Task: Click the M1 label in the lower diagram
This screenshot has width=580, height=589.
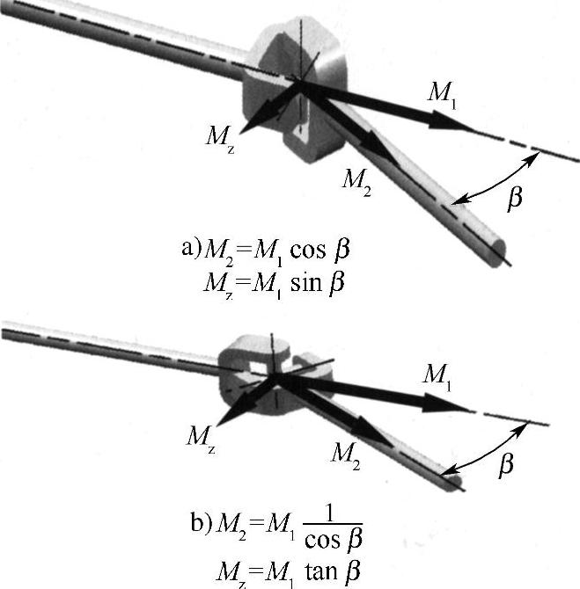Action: (x=437, y=374)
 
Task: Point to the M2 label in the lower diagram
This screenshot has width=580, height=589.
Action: (x=345, y=454)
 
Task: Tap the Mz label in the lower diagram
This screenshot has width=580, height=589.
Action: (x=200, y=435)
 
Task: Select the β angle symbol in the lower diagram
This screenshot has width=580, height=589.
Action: (x=506, y=464)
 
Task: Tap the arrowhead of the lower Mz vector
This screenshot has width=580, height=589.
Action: (x=226, y=416)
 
